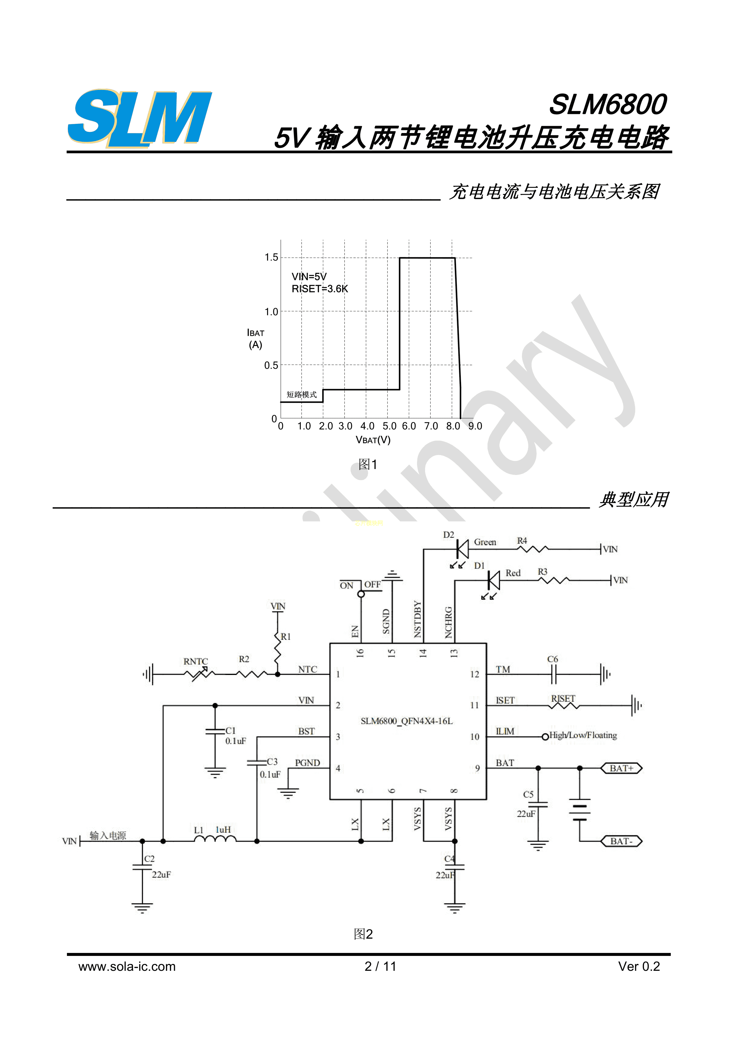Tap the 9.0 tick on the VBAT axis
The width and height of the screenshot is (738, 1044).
coord(475,426)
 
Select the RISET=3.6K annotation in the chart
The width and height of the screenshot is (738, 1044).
coord(320,289)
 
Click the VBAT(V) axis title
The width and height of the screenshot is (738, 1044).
coord(373,440)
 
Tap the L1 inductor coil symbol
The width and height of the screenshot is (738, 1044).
coord(215,839)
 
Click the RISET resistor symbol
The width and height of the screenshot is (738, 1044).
coord(564,706)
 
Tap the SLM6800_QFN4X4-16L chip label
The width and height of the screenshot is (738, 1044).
coord(407,721)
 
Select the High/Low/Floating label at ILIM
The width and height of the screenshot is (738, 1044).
coord(583,735)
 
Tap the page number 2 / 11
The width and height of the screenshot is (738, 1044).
coord(380,967)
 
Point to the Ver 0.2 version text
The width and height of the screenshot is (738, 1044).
coord(639,967)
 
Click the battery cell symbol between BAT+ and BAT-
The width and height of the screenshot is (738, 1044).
coord(580,810)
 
